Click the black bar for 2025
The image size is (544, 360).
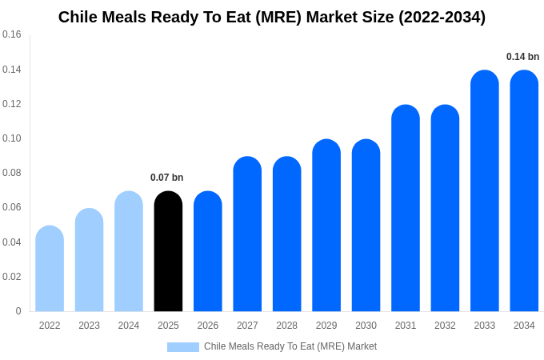[x=168, y=251]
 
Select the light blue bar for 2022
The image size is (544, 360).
[x=50, y=269]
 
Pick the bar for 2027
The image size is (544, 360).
[x=247, y=234]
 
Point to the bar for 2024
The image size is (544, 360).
[x=129, y=251]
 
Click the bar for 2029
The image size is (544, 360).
[x=326, y=226]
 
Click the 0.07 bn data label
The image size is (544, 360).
[x=167, y=178]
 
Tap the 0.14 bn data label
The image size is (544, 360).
[x=522, y=57]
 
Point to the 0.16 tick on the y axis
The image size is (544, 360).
[x=12, y=34]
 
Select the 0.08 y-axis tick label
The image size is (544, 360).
[x=12, y=173]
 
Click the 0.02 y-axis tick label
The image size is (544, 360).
[x=12, y=277]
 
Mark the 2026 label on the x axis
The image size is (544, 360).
[x=208, y=326]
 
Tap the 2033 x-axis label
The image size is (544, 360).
[x=485, y=326]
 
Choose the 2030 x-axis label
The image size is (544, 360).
[x=366, y=326]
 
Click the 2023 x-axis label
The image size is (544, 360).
[x=89, y=326]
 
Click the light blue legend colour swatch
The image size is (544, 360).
[x=182, y=347]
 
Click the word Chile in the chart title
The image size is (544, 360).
[x=78, y=17]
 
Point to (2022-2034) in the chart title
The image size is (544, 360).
[x=441, y=17]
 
